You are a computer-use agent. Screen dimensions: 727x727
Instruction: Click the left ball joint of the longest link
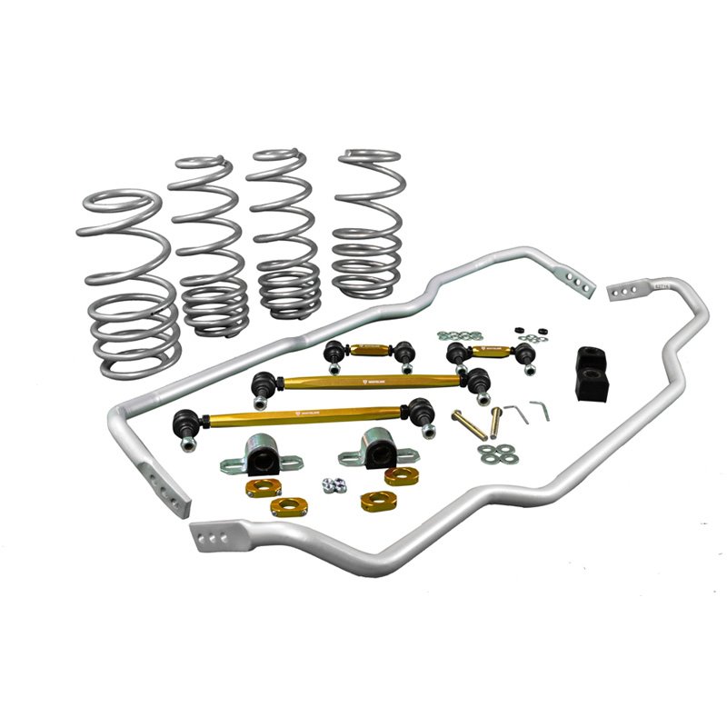(185, 423)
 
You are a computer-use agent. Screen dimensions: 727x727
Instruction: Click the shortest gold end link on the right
(491, 350)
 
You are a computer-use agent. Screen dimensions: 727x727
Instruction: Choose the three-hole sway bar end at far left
(168, 487)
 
